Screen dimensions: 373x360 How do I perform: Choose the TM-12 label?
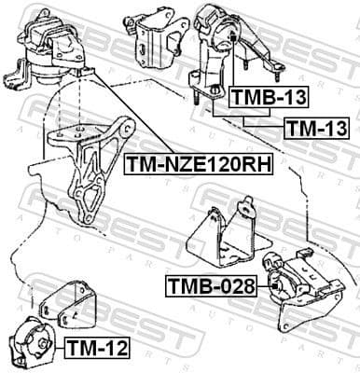pos(97,349)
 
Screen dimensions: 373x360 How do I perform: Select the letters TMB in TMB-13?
pos(246,96)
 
